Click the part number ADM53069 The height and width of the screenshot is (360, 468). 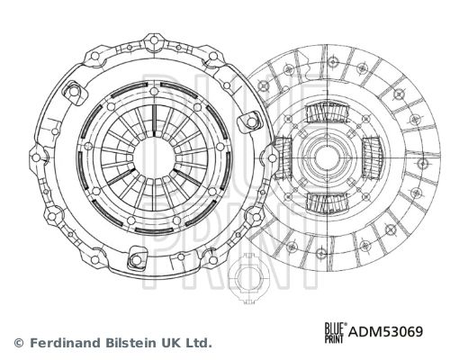[385, 331]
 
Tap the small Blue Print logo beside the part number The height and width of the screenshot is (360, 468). [336, 332]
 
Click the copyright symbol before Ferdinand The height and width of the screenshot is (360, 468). [19, 342]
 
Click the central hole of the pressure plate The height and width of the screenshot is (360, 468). [154, 158]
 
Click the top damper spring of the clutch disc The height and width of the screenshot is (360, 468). [327, 112]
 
